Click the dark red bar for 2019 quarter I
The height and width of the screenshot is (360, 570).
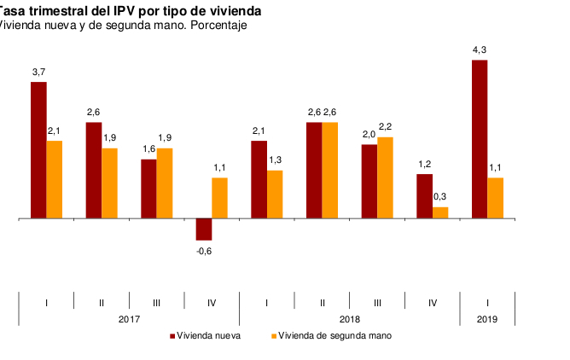(x=480, y=139)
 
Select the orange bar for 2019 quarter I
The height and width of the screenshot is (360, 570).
(x=496, y=198)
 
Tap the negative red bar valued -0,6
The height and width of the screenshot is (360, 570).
(x=204, y=229)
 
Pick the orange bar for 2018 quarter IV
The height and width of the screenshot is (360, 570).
(x=440, y=212)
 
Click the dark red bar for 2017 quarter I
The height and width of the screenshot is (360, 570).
(x=38, y=150)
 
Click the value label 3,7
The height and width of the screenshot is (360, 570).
(x=38, y=73)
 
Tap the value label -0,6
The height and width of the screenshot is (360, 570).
(x=204, y=250)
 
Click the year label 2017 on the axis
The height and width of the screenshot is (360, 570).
(x=129, y=319)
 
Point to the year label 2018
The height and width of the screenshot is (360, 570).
(x=349, y=319)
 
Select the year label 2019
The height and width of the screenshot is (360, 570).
(x=487, y=319)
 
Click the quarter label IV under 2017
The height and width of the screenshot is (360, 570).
(x=212, y=302)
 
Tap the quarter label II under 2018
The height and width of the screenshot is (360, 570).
(x=322, y=302)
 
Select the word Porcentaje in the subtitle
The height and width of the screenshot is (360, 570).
(x=218, y=26)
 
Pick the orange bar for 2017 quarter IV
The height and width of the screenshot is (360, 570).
(x=219, y=198)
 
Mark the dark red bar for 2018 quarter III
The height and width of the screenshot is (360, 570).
(x=369, y=182)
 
